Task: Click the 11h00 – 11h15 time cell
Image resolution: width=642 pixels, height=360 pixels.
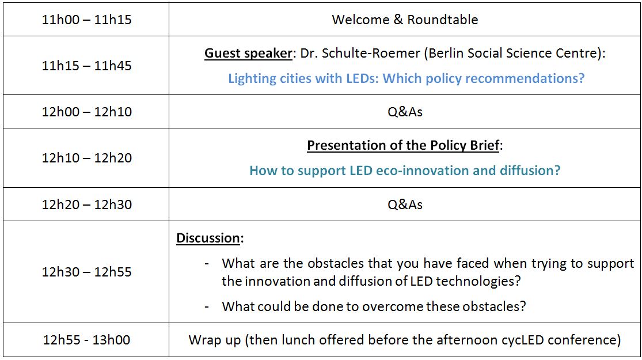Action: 86,20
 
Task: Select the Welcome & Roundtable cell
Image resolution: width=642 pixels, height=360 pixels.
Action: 405,20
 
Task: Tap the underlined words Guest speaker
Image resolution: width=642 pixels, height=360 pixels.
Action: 249,53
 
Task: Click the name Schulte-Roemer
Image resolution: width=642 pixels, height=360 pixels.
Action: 371,53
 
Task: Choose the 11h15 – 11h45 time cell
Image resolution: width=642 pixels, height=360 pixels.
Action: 86,66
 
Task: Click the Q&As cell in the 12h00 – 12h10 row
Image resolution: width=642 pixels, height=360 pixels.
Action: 405,112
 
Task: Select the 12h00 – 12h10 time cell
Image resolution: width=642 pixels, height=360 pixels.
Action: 86,112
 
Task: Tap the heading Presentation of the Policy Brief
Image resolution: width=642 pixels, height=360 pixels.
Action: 403,145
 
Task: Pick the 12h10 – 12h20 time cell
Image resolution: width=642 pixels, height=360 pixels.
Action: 86,158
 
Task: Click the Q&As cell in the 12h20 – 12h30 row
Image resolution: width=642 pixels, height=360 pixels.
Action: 405,204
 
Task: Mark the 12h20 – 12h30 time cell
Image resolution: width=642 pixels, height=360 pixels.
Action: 86,204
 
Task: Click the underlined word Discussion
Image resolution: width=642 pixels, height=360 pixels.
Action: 208,238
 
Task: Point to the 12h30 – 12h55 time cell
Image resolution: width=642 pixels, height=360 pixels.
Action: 86,272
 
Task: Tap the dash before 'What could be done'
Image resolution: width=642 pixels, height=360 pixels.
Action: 207,307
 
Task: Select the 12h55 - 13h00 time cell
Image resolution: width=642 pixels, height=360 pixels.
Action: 86,340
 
